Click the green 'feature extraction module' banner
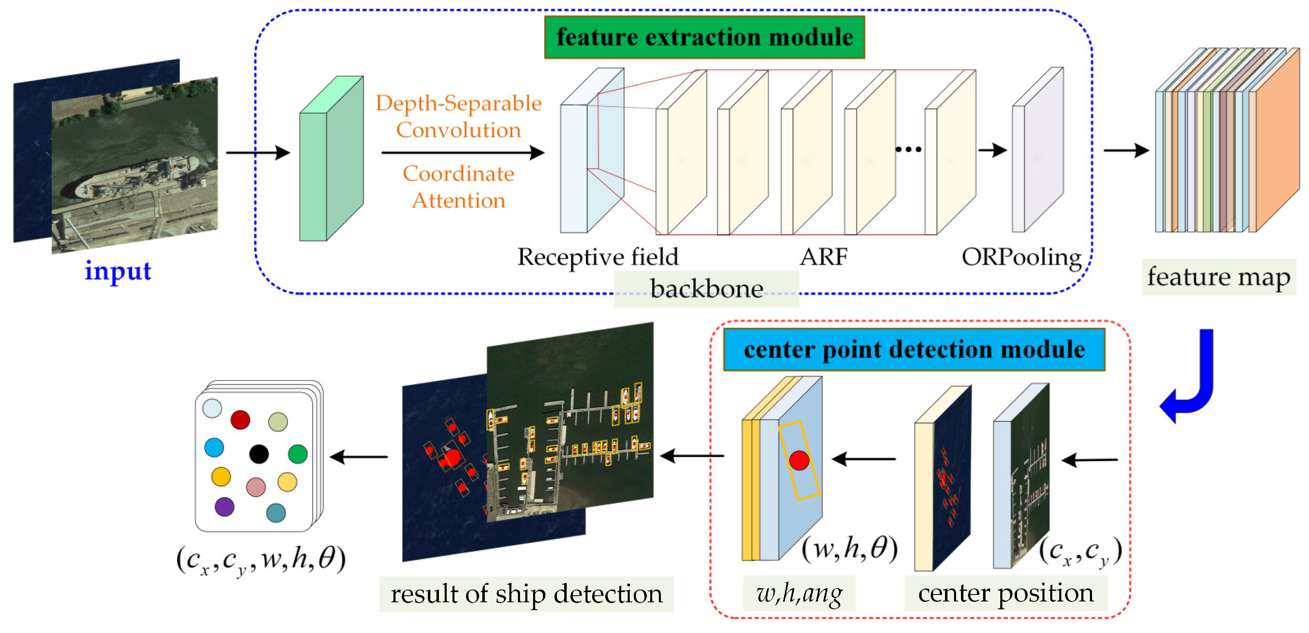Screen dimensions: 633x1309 click(704, 37)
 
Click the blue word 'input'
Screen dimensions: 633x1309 click(118, 270)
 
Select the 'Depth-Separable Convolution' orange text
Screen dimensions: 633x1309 click(458, 116)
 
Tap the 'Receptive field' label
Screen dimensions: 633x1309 click(598, 257)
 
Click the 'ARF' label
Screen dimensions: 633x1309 click(823, 257)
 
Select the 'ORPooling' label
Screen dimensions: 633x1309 click(1022, 257)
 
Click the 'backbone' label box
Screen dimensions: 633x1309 click(706, 289)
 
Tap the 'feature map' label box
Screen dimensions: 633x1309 click(1219, 277)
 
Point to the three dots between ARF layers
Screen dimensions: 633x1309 click(908, 149)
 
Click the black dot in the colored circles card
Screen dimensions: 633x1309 click(259, 454)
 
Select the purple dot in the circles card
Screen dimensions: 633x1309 click(224, 506)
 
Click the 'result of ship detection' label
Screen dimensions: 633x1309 click(527, 594)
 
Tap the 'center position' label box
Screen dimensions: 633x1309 click(1006, 593)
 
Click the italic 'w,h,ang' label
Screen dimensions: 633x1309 click(799, 593)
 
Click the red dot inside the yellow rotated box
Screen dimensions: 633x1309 click(799, 460)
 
